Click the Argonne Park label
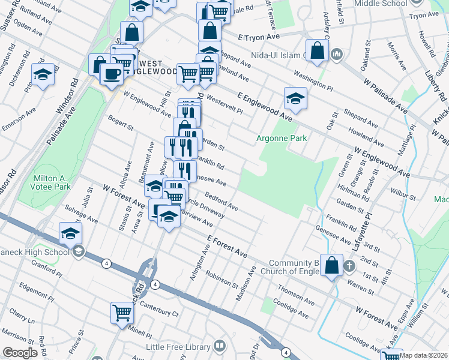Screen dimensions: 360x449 282,139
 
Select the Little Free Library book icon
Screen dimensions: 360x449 220,346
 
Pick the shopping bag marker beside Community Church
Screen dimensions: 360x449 331,265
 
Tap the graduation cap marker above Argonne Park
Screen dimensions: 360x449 295,99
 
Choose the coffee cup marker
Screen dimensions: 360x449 111,74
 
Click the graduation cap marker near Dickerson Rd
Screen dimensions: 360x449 43,75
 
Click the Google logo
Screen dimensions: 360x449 20,353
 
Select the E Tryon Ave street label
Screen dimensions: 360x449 260,37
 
